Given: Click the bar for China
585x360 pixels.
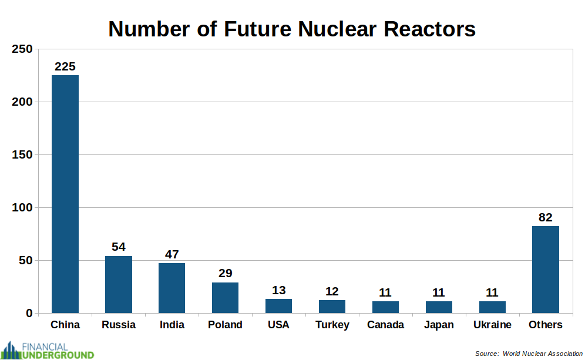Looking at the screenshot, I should (x=65, y=194).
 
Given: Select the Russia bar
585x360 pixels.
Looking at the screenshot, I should (x=119, y=284).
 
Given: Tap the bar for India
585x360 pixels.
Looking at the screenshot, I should (x=172, y=288).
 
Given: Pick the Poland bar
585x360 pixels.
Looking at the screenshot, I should (x=225, y=297).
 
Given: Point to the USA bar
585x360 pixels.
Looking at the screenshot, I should (x=278, y=305).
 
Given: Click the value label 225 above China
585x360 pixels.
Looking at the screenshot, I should (x=65, y=66).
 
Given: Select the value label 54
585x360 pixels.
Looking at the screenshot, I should (x=119, y=247).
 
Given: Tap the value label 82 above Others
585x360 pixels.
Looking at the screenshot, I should (x=546, y=217).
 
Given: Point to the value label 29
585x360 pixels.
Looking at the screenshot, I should (x=225, y=273).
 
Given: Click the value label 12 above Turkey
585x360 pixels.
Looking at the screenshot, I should (x=332, y=291).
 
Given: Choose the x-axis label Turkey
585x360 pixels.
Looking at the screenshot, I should (x=332, y=325).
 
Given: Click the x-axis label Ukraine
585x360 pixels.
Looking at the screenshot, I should (x=492, y=325).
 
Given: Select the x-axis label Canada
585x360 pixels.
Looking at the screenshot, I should (x=385, y=325).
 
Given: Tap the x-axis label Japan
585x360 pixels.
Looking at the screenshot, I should (x=439, y=325).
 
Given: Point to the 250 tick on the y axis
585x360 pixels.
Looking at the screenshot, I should (x=22, y=49).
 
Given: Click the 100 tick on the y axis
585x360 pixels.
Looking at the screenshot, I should (x=22, y=207).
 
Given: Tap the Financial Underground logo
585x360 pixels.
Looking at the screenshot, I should (x=48, y=350).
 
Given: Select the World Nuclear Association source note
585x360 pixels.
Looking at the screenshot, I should (x=529, y=354).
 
